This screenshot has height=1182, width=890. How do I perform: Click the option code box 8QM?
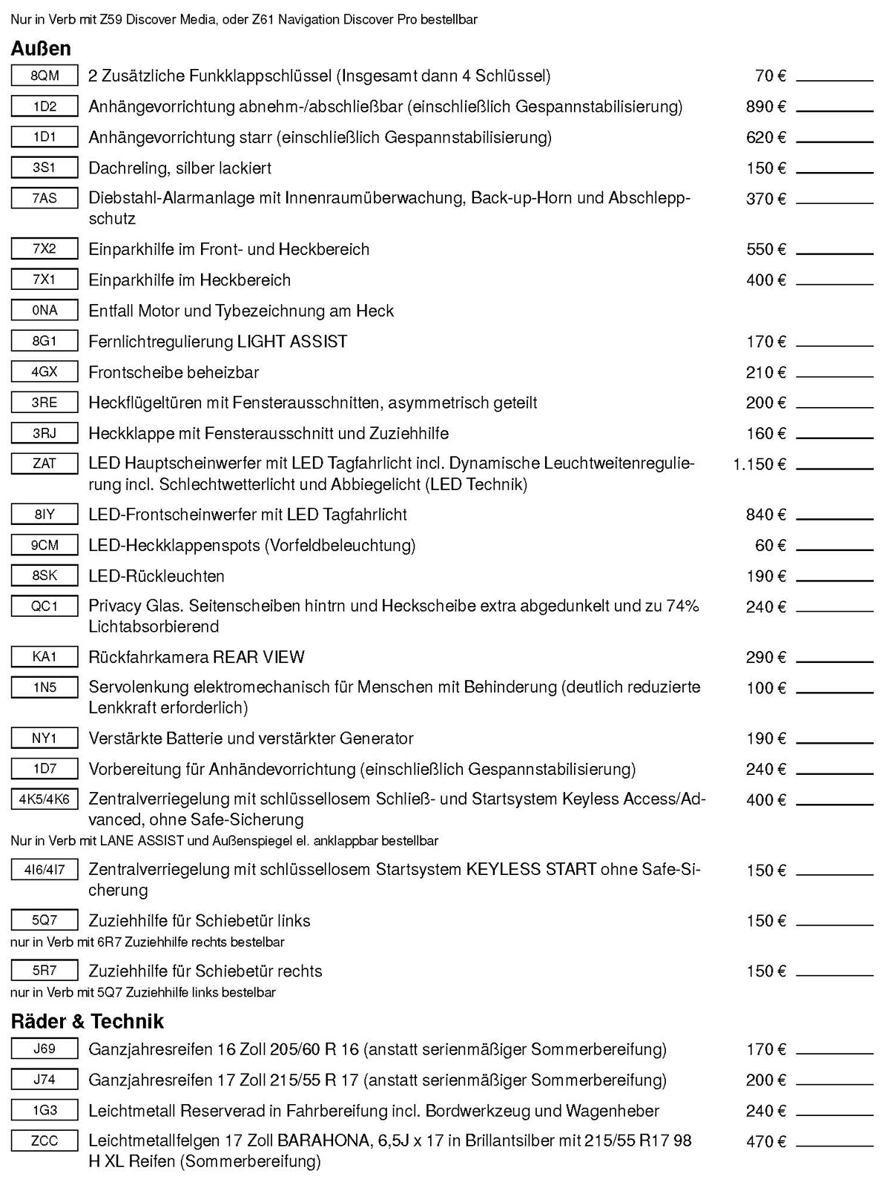[44, 76]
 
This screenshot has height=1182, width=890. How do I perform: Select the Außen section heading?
[41, 49]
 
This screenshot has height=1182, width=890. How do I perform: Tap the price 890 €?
[765, 107]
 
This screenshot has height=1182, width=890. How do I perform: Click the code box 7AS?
[44, 198]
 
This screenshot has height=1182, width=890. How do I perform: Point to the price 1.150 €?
[759, 464]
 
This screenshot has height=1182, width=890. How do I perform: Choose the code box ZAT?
[44, 463]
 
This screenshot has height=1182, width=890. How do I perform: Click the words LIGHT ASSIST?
[292, 342]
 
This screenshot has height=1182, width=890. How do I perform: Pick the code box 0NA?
[44, 310]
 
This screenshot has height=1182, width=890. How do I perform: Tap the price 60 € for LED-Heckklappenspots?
[771, 546]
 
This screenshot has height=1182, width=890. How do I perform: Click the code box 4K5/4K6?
[44, 799]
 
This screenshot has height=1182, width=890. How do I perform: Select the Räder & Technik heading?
[88, 1021]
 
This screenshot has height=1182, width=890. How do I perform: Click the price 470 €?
[765, 1142]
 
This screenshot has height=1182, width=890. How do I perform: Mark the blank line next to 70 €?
[834, 79]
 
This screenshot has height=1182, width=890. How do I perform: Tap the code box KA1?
[44, 656]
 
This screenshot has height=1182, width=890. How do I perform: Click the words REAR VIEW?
[259, 657]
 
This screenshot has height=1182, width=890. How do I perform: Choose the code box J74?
[44, 1080]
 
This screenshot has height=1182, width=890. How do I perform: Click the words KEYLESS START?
[531, 869]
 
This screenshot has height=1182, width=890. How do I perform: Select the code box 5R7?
[44, 970]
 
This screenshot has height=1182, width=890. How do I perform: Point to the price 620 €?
[765, 137]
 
